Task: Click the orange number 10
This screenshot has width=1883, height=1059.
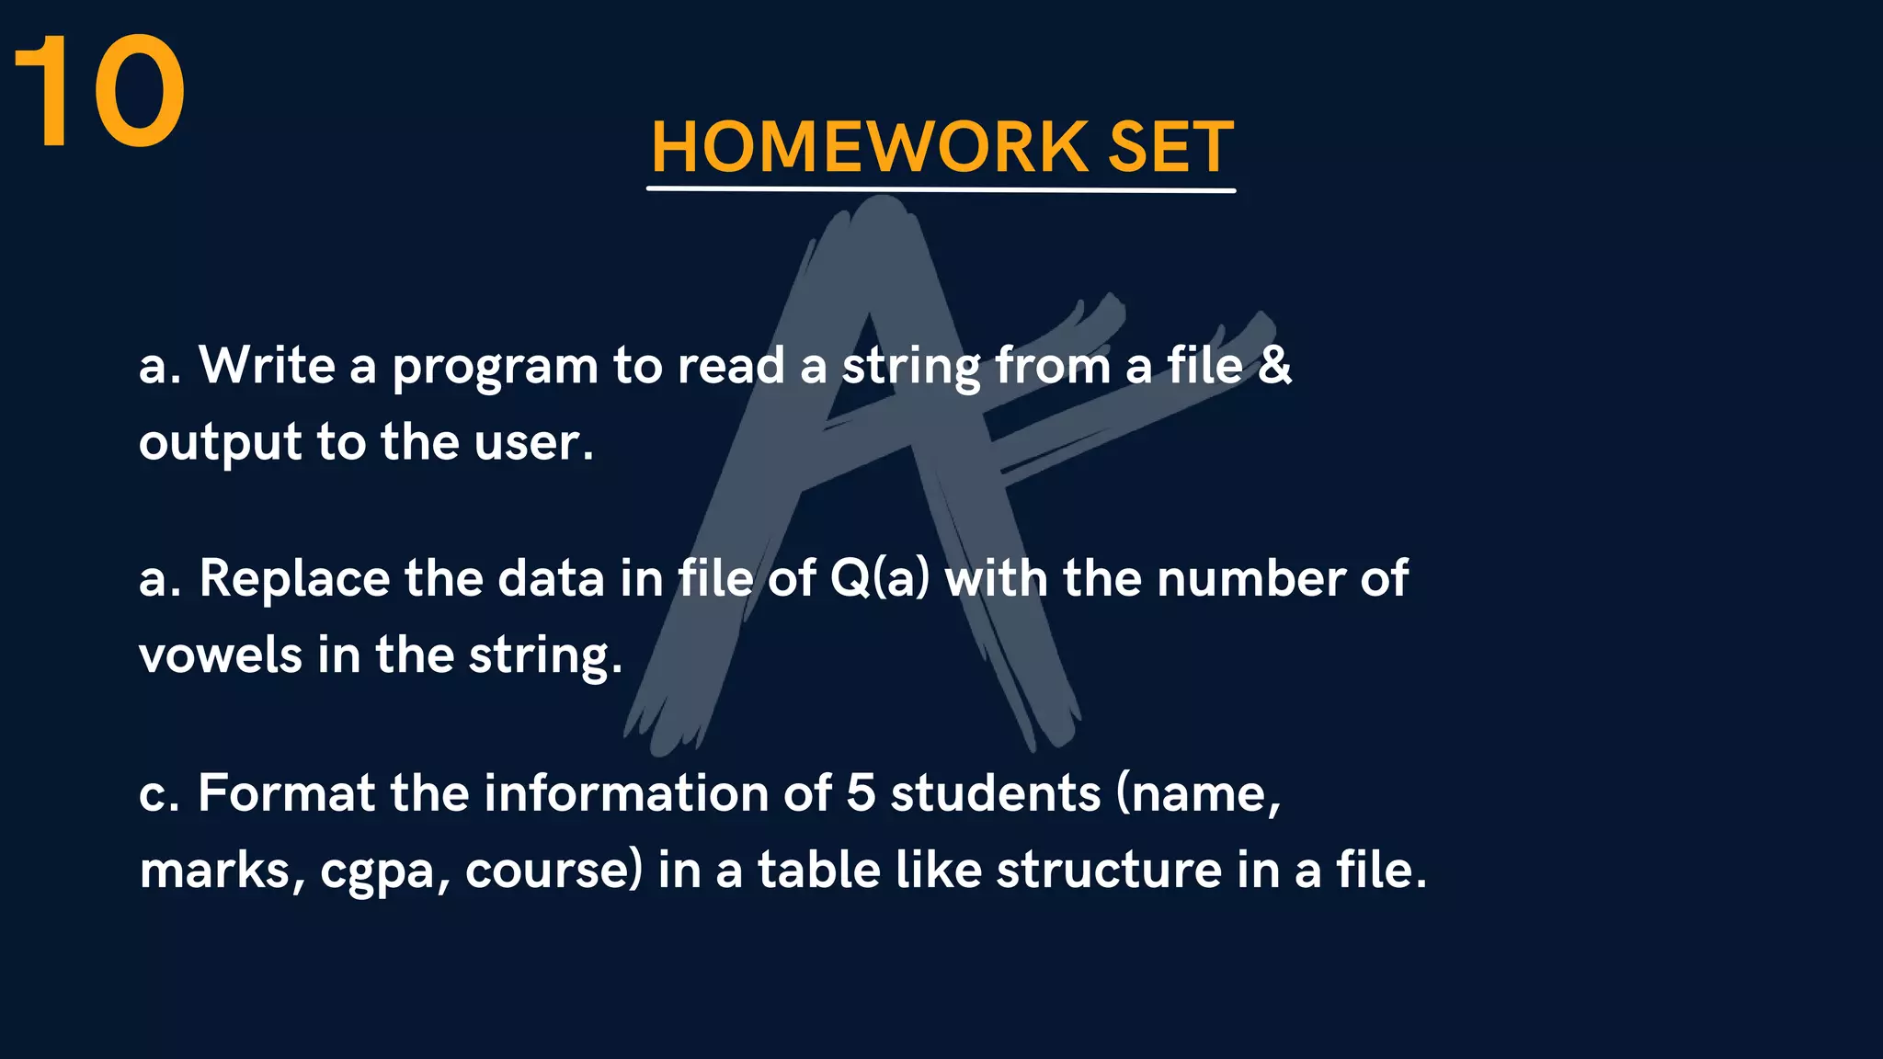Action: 99,91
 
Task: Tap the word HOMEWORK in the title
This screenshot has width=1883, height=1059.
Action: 870,147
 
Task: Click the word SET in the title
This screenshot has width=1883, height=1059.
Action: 1170,147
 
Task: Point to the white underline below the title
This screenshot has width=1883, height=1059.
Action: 941,189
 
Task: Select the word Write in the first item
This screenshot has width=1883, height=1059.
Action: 267,365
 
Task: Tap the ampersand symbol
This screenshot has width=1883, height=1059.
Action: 1274,365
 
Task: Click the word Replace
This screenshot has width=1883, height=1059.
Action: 294,579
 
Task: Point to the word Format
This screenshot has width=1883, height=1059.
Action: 286,792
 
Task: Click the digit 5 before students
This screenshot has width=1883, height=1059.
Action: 860,792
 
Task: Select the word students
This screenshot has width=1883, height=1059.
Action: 995,792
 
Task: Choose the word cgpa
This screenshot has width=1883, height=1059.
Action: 377,871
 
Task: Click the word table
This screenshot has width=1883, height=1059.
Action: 819,870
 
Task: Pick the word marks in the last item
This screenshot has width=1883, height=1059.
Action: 216,870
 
